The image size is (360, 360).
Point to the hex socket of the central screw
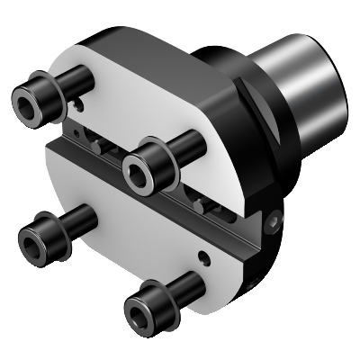coord(138,167)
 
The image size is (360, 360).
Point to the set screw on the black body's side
coord(274,217)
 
